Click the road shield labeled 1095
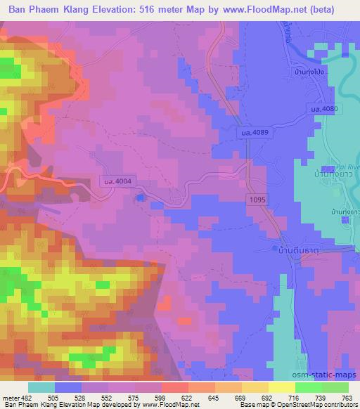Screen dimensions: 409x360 [256, 200]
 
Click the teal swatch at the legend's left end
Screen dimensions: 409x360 [41, 387]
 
